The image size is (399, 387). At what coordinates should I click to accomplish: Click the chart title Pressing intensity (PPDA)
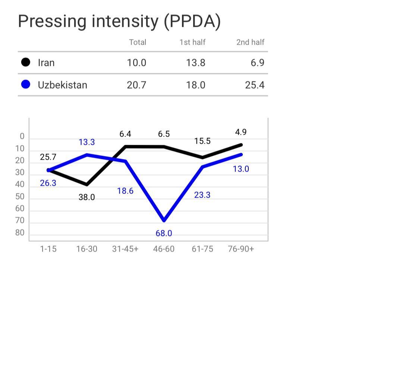pos(119,21)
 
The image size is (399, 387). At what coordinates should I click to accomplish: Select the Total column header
pos(138,42)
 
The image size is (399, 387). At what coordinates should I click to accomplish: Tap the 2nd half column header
pos(250,42)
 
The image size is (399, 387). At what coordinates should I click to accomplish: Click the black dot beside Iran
pos(26,62)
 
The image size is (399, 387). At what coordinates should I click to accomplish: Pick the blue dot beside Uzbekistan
pos(26,84)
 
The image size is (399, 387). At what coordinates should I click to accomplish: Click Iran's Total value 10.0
pos(136,63)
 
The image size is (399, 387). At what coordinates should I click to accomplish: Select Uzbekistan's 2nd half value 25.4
pos(255,85)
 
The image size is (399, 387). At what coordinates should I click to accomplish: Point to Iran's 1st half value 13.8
pos(195,63)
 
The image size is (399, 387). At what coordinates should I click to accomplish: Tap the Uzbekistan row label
pos(62,85)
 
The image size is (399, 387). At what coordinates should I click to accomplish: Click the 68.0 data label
pos(164,233)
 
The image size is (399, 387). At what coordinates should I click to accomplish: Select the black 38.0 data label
pos(87,197)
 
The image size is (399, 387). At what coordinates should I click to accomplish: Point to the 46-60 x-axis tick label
pos(164,249)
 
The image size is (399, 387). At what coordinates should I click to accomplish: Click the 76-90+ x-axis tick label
pos(241,249)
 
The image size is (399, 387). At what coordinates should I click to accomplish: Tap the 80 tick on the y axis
pos(20,233)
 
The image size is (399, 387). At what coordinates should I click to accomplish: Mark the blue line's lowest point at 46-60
pos(164,220)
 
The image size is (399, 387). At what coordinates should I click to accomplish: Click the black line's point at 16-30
pos(87,185)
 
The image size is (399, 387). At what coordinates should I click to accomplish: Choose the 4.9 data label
pos(241,132)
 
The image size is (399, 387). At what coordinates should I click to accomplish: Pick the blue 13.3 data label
pos(87,142)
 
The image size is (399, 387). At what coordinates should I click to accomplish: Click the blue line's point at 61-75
pos(202,167)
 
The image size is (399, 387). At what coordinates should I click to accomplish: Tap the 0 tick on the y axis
pos(22,137)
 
